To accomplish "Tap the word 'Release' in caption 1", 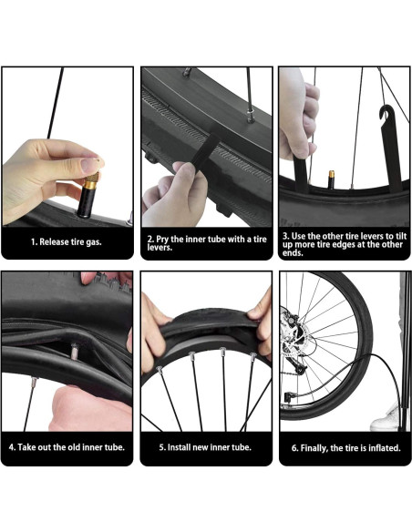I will click(x=61, y=242).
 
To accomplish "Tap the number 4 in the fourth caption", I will click(x=12, y=447).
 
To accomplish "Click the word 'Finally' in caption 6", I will click(x=316, y=447).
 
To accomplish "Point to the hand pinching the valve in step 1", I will click(x=41, y=173).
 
